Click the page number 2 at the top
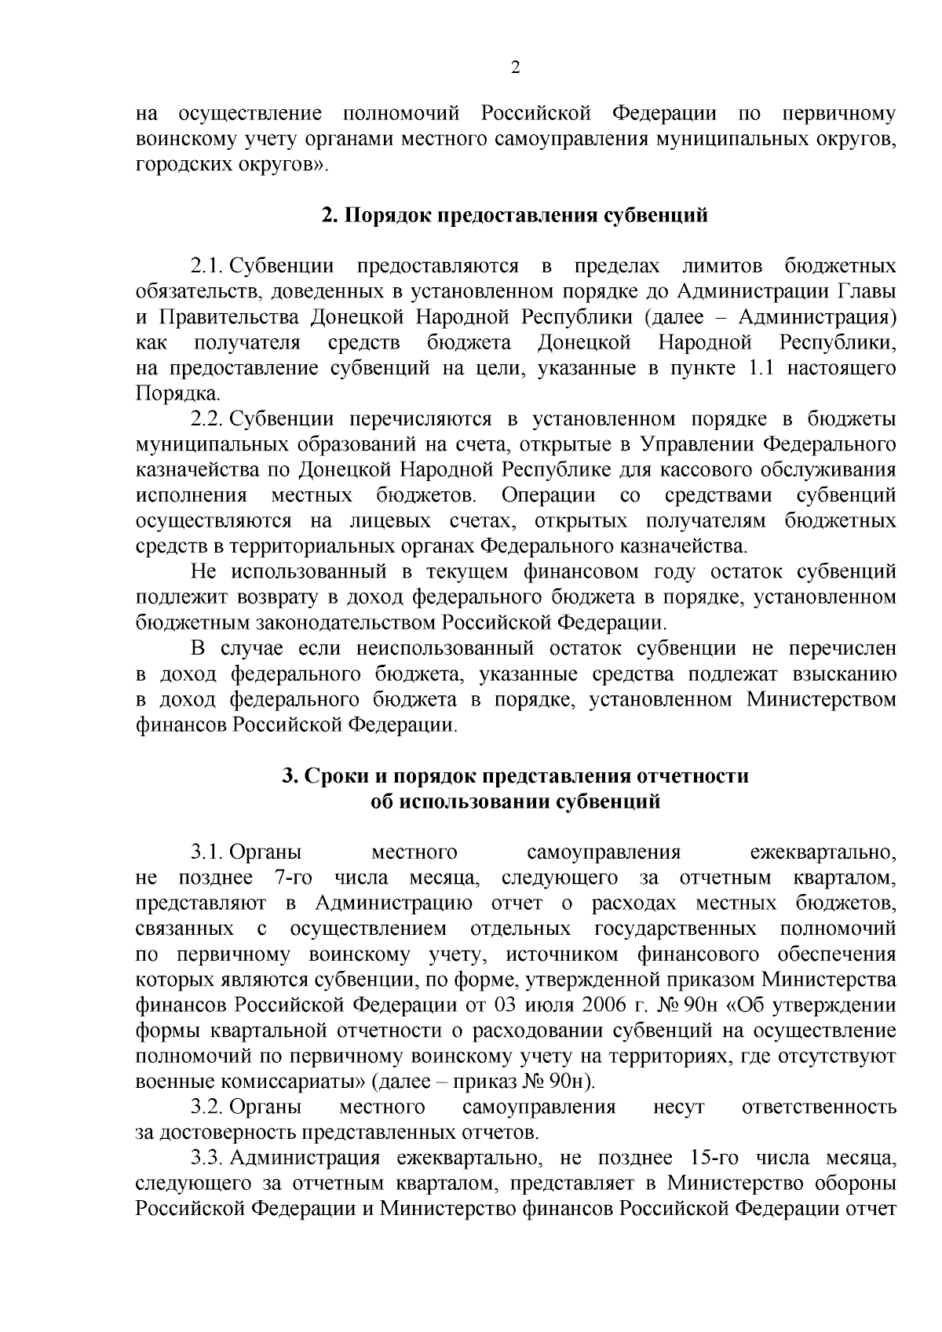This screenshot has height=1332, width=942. coord(515,68)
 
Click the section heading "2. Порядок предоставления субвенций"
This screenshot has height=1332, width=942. coord(515,215)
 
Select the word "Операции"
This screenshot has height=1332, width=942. coord(549,495)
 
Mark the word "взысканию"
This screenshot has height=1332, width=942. coord(842,674)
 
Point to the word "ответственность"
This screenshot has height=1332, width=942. coord(819,1107)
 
